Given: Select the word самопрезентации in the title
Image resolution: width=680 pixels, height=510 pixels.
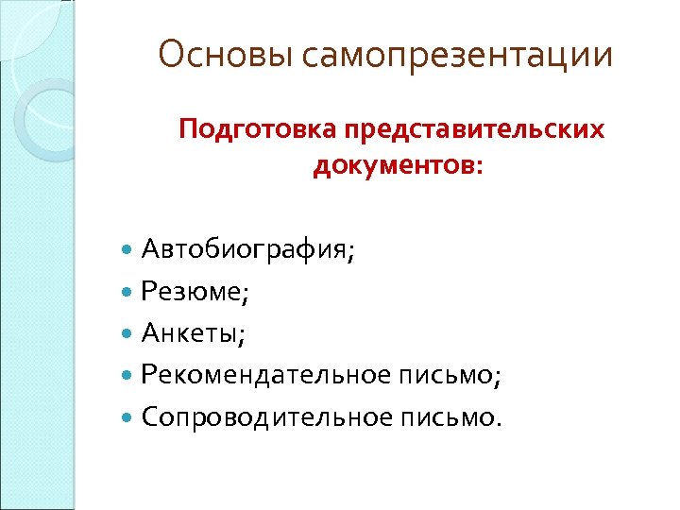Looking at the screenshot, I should [458, 57].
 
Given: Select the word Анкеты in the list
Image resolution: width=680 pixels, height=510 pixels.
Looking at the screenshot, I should [190, 332].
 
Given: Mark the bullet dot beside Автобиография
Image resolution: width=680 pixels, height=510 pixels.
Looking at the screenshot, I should [128, 251].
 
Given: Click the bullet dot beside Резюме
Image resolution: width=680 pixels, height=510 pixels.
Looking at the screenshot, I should [128, 293].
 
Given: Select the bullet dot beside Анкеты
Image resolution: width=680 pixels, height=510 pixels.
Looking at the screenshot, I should [128, 333].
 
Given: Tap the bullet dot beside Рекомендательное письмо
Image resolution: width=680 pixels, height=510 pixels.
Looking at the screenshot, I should [128, 375].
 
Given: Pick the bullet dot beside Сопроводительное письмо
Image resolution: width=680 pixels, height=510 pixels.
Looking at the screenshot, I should [128, 416].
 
